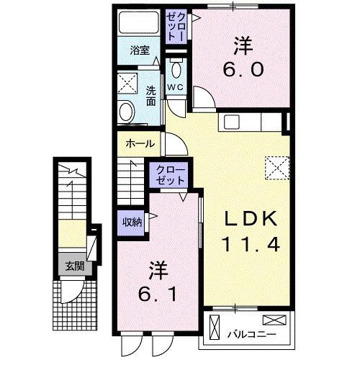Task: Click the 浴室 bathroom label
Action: coord(140,50)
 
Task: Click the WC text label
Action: coord(176,88)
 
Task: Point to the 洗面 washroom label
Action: coord(151,96)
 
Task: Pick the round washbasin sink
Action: coord(127,112)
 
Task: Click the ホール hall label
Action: coord(140,143)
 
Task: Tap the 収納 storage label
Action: coord(132,221)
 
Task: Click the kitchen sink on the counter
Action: coord(233,121)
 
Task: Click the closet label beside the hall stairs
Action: coord(169,175)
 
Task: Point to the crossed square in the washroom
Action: coord(130,83)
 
